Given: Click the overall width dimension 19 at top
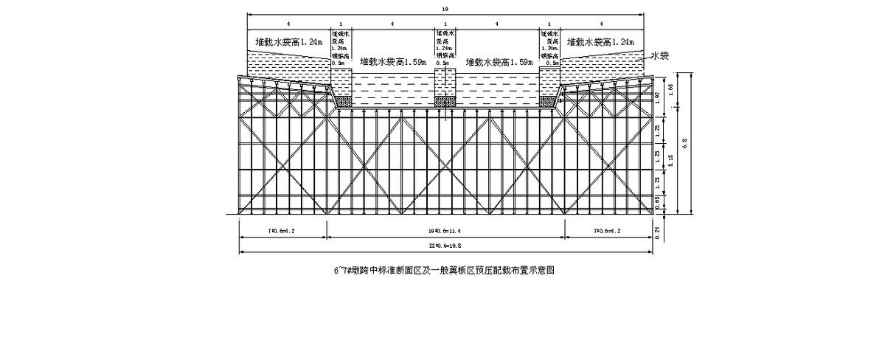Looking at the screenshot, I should pos(445,9).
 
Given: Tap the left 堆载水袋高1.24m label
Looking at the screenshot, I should pos(288,43).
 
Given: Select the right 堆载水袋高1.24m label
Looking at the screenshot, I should pos(600,43).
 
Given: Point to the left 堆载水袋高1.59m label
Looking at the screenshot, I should pos(393,63).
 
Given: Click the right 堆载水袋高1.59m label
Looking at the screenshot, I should pos(499,63).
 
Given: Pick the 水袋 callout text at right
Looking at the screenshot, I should pos(659,56).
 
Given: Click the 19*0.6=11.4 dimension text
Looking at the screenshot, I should pos(445,231).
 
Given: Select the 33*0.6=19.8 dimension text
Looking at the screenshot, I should pos(445,246).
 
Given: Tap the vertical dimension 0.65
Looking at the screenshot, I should pos(659,199).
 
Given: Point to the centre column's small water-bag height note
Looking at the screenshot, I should pos(445,48).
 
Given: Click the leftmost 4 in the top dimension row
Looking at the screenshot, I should pos(288,25).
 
